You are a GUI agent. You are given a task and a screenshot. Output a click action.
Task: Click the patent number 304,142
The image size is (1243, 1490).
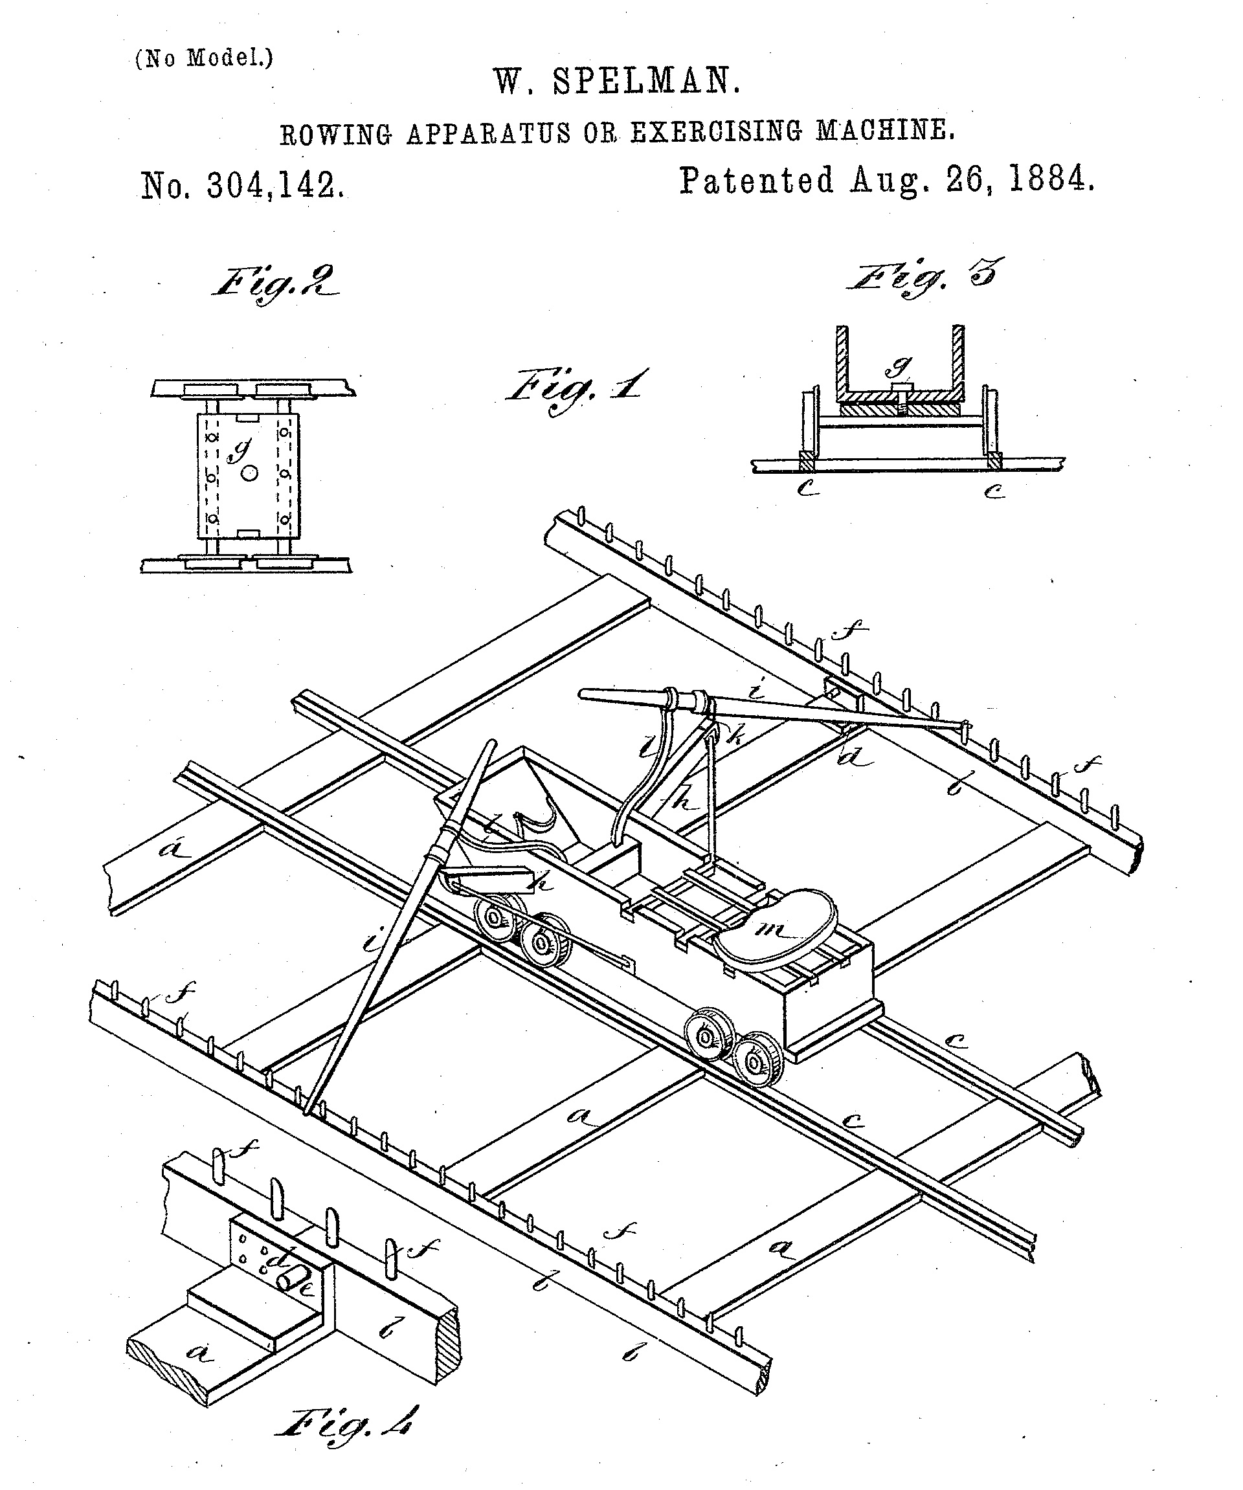275,186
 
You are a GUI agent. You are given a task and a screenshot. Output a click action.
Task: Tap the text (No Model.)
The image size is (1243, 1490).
204,58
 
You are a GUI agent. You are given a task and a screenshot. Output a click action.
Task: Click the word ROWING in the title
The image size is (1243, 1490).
335,134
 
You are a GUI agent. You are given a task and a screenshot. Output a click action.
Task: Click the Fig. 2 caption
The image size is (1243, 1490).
274,283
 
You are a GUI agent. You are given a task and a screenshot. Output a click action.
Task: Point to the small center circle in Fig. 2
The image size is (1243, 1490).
249,473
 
